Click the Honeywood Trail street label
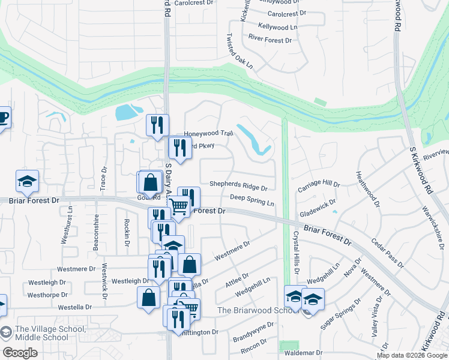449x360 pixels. click(x=208, y=134)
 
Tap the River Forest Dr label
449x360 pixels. click(x=270, y=40)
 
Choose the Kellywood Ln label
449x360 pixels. click(x=277, y=27)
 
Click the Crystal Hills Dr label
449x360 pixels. click(x=295, y=254)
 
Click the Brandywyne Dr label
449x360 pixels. click(x=253, y=331)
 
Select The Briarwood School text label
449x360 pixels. click(x=258, y=310)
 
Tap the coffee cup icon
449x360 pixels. click(x=3, y=118)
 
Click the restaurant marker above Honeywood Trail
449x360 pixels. click(x=157, y=125)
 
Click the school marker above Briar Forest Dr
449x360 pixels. click(x=27, y=181)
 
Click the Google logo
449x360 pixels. click(x=20, y=352)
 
